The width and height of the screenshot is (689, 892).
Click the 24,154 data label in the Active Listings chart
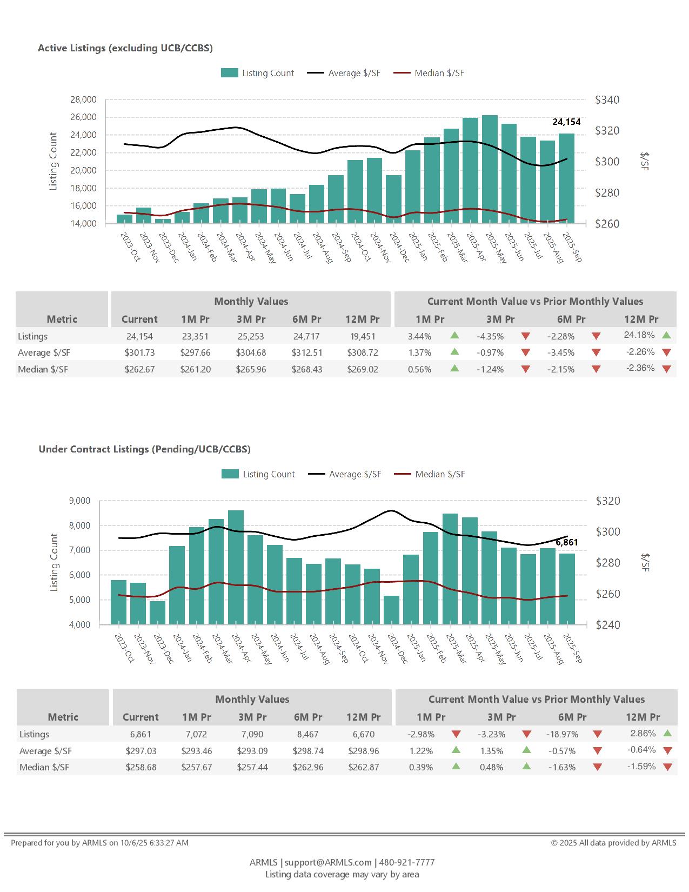[566, 122]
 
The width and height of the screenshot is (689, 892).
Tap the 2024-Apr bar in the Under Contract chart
[236, 567]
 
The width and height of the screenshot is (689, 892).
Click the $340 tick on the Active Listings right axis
[607, 100]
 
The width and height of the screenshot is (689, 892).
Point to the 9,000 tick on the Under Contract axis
[80, 501]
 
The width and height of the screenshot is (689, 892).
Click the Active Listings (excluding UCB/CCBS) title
[125, 48]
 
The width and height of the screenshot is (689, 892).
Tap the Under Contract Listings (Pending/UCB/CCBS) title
[144, 449]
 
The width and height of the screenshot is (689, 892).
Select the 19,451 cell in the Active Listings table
[363, 336]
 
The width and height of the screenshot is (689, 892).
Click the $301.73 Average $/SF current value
[139, 353]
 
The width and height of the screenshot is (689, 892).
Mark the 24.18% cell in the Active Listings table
[639, 335]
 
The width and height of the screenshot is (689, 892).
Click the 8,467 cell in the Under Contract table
[307, 734]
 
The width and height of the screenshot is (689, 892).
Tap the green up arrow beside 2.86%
[667, 734]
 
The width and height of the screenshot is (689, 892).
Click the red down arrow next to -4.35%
[525, 336]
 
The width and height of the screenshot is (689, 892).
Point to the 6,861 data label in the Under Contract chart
[566, 542]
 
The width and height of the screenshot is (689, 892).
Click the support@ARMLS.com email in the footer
[328, 862]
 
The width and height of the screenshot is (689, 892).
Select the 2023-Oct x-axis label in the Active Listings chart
[130, 247]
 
